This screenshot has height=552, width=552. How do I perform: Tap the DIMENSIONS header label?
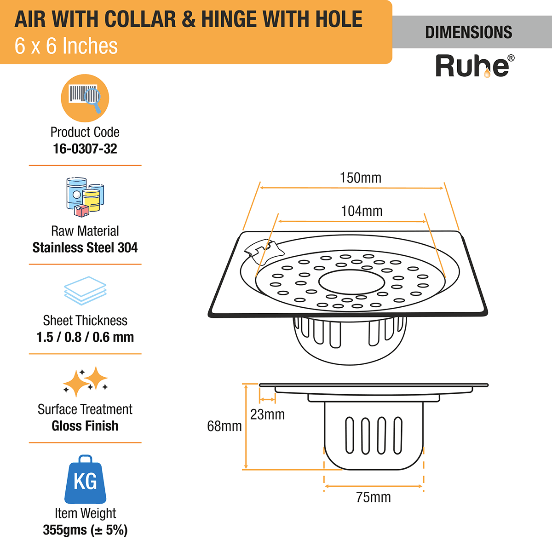[468, 32]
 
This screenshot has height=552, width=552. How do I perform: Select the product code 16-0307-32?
[85, 149]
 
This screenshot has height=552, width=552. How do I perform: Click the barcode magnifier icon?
[85, 98]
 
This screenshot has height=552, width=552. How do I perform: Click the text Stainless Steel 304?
[85, 247]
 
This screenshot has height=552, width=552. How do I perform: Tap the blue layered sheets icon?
[85, 290]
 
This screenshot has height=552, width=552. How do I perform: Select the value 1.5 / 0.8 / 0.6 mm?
[85, 337]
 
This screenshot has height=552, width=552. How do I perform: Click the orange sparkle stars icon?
[85, 381]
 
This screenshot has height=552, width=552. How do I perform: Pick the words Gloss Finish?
[85, 426]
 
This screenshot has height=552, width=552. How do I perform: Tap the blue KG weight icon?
[85, 480]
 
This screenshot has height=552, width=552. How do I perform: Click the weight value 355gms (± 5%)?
[85, 530]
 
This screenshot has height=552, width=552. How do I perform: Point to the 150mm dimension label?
[361, 178]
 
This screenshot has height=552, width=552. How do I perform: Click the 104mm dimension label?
[362, 211]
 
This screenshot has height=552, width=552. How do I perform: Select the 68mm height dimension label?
[224, 426]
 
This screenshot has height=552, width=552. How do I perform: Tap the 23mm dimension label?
[267, 414]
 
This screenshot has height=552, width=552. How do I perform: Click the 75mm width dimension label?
[374, 497]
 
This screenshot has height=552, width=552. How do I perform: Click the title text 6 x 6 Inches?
[66, 46]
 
